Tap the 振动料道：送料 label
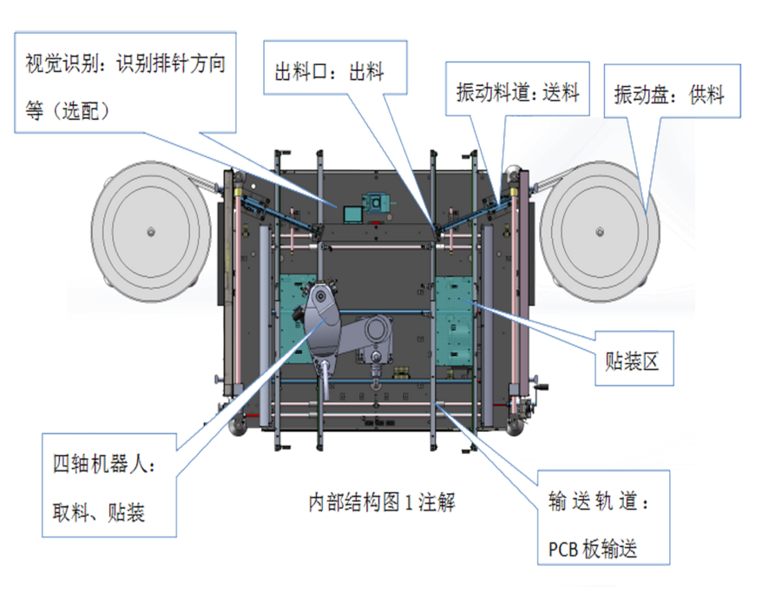517,92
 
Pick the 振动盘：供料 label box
673,91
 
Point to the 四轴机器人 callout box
108,487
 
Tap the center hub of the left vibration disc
150,231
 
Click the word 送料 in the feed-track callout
561,92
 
